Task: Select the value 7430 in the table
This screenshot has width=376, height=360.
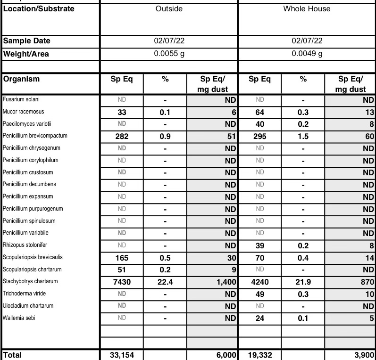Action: [x=122, y=281]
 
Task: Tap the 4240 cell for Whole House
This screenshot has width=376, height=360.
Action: [x=260, y=281]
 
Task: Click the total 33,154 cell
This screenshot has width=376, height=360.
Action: [x=122, y=355]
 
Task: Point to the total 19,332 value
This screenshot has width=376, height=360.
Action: [x=260, y=355]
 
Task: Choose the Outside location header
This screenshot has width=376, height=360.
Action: [x=169, y=9]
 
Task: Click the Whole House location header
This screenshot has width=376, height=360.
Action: [x=307, y=9]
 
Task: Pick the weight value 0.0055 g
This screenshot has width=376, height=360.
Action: [x=169, y=54]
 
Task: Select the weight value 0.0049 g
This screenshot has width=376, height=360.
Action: [x=307, y=54]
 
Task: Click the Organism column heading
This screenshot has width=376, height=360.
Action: [x=21, y=79]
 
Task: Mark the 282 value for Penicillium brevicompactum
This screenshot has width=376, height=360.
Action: [x=122, y=136]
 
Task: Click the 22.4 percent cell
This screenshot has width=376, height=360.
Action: [x=165, y=281]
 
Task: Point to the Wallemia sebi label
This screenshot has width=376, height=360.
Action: [x=19, y=318]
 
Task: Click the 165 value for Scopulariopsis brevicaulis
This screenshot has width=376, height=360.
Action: [x=122, y=257]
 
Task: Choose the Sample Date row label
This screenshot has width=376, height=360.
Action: [x=27, y=41]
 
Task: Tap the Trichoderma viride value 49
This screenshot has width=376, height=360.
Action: [x=260, y=294]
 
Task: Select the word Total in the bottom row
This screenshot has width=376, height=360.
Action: [x=12, y=355]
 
